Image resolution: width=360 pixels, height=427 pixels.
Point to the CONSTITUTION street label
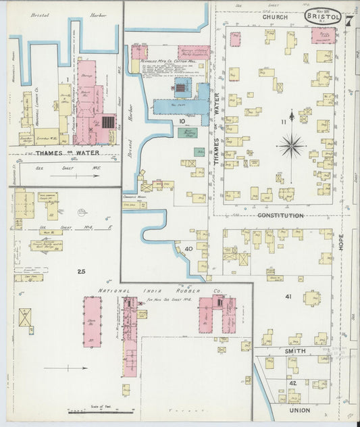[280, 216]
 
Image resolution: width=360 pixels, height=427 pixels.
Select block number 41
[288, 297]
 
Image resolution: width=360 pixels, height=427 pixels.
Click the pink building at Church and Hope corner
[322, 35]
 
